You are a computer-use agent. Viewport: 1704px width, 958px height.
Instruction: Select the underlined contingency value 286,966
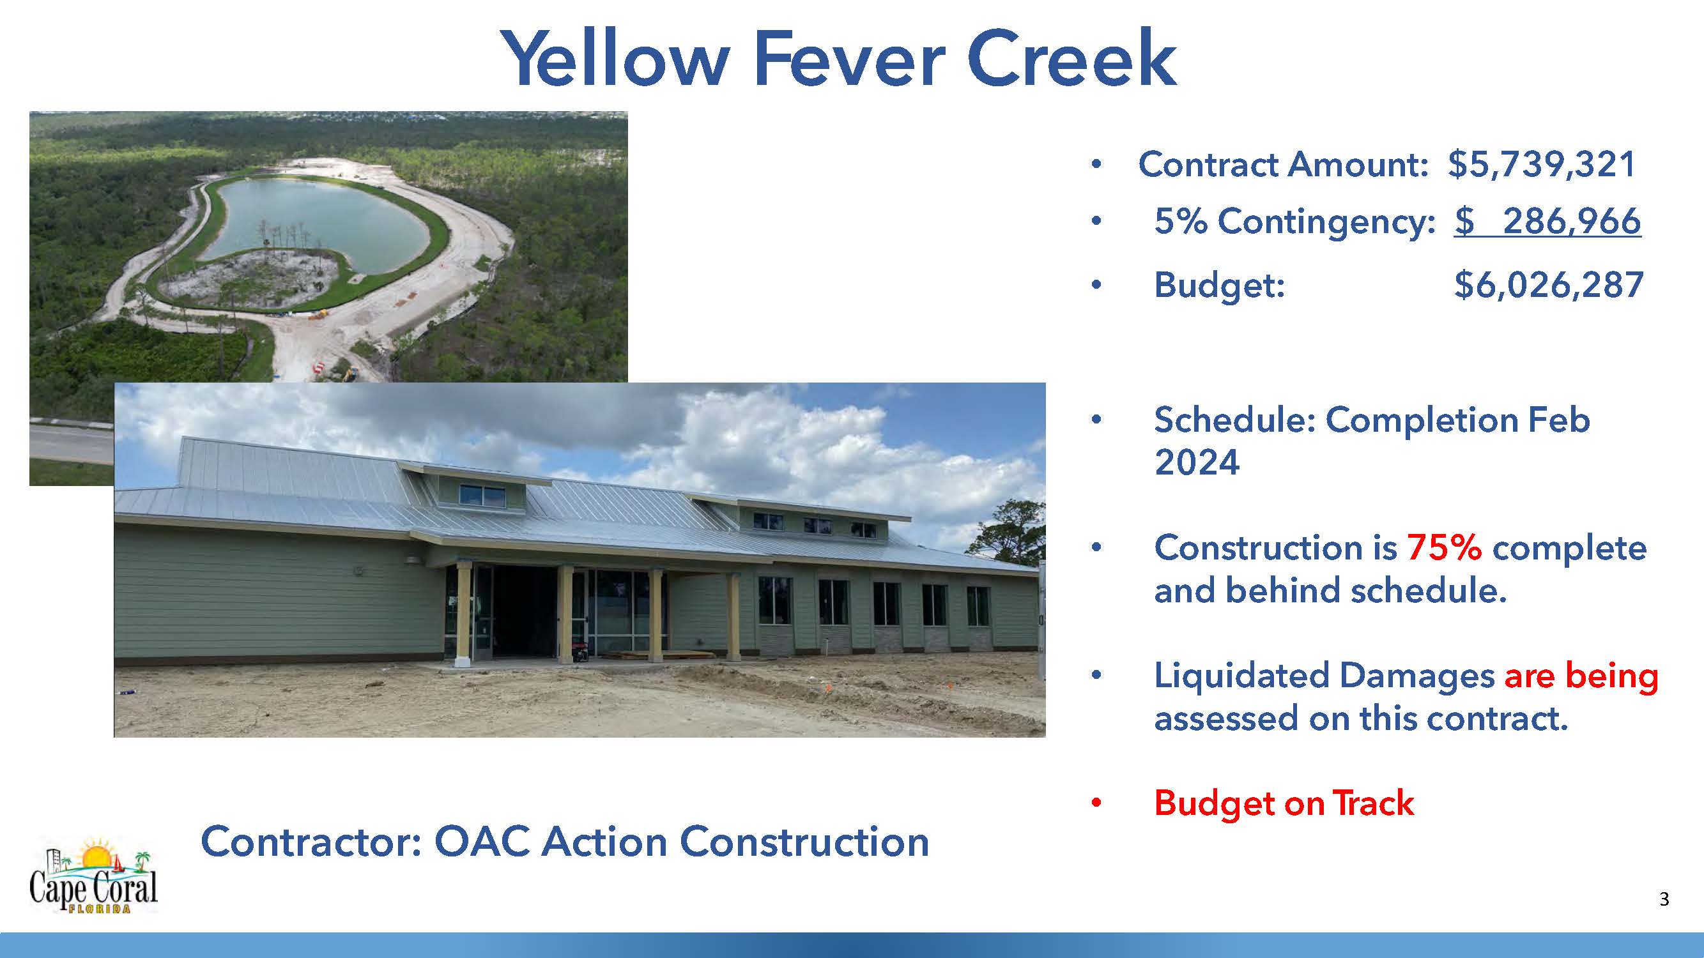click(x=1572, y=222)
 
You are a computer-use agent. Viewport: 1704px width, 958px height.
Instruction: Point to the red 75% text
click(x=1444, y=548)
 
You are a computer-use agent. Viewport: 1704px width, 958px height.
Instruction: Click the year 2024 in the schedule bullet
click(x=1197, y=462)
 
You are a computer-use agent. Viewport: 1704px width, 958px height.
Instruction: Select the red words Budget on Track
click(x=1284, y=803)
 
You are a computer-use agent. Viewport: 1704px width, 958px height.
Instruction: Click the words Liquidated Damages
click(x=1324, y=676)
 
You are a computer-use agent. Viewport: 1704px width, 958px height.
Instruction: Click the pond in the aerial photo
click(x=318, y=218)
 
